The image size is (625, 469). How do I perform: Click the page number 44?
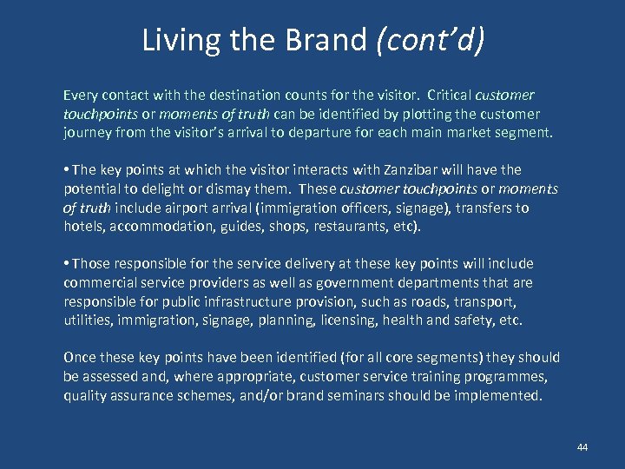point(582,446)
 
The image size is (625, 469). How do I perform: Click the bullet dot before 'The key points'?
point(67,170)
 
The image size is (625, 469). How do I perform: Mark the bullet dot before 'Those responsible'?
point(67,264)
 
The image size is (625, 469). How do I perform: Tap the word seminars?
point(376,396)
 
